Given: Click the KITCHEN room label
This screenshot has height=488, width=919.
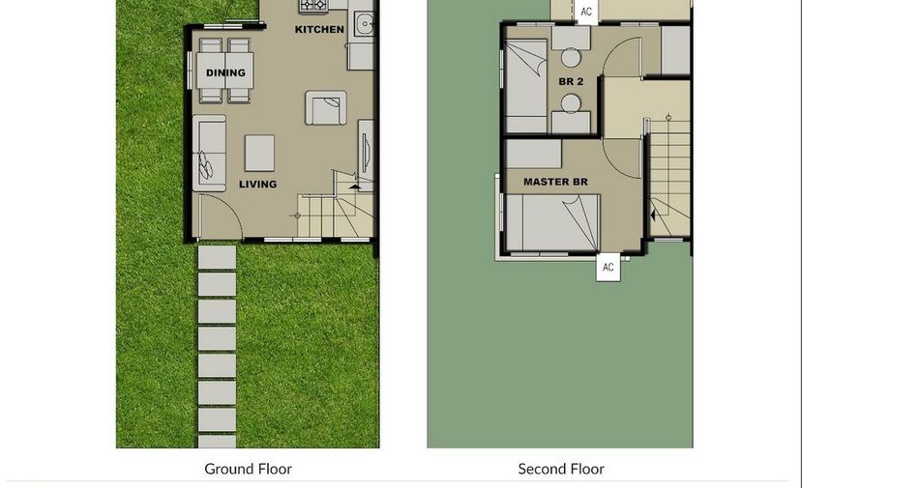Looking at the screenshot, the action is pos(319,29).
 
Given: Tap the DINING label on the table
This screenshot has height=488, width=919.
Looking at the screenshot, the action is pos(225,72).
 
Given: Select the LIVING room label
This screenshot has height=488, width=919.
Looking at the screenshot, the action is pos(258,184).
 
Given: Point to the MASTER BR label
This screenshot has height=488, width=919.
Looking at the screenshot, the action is pos(555,182).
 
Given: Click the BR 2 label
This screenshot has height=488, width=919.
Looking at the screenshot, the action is pos(571,81).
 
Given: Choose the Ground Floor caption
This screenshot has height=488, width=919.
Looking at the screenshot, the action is pos(248,469).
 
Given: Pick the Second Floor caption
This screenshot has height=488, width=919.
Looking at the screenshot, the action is pos(561,469).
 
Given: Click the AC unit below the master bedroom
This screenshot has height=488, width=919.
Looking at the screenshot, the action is pos(608,268).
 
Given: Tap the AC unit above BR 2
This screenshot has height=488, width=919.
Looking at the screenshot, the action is pos(586,12).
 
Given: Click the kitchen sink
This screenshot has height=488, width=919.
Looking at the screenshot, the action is pos(365,24).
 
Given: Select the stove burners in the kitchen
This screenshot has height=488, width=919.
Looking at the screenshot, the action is pos(314,5).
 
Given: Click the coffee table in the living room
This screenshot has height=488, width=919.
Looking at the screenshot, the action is pos(259,153).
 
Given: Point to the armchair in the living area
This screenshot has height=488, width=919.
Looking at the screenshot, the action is pos(326,107).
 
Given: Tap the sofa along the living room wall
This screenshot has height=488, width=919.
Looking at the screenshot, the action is pos(209,154).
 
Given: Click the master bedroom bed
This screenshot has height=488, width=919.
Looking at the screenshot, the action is pos(552,223).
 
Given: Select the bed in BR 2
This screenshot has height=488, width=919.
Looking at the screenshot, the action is pos(526,86).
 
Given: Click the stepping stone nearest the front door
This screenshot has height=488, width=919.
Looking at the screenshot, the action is pos(217,257).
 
